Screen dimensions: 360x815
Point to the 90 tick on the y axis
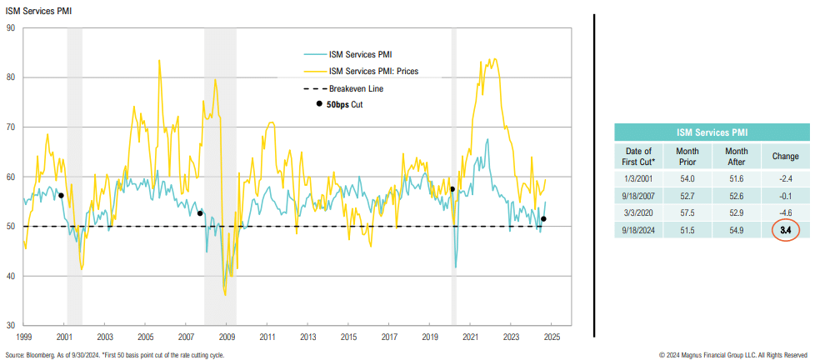click(x=11, y=27)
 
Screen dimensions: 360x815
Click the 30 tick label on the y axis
click(x=11, y=325)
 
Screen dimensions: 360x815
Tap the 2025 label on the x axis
click(x=552, y=337)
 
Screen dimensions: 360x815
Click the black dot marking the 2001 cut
click(x=61, y=196)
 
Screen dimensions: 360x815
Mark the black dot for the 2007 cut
click(x=200, y=213)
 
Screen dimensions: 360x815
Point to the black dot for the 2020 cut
click(x=452, y=189)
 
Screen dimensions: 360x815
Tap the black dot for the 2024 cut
click(x=544, y=219)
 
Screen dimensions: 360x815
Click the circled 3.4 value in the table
click(x=785, y=229)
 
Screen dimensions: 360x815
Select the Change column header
click(x=785, y=157)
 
